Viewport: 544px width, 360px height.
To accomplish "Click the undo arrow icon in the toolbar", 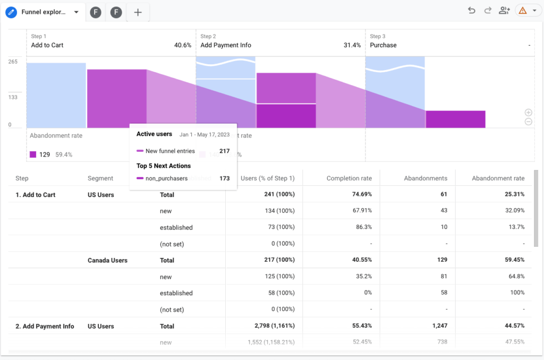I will pyautogui.click(x=471, y=11).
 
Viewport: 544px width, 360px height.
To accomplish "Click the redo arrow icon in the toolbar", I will pyautogui.click(x=488, y=11).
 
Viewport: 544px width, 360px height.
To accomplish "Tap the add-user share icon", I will pyautogui.click(x=504, y=11).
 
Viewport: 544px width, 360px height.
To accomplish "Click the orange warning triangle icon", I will pyautogui.click(x=522, y=11).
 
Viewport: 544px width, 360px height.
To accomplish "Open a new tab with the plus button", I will pyautogui.click(x=138, y=12).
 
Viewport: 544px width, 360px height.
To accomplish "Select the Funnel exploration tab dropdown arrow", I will pyautogui.click(x=76, y=12).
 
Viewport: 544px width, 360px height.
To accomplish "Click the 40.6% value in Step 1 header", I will pyautogui.click(x=182, y=45).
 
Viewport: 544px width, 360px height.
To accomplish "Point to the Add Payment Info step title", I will pyautogui.click(x=226, y=45).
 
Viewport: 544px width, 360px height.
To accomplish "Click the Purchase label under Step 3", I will pyautogui.click(x=383, y=45).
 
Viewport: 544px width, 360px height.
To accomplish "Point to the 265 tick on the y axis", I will pyautogui.click(x=13, y=62).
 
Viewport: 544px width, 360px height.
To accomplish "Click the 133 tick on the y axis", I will pyautogui.click(x=13, y=97).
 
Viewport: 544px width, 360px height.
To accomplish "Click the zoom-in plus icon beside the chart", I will pyautogui.click(x=528, y=113).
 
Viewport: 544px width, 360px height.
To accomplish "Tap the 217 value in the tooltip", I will pyautogui.click(x=224, y=151).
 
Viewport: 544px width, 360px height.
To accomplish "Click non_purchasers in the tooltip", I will pyautogui.click(x=166, y=178).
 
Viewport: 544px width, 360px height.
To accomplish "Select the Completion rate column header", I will pyautogui.click(x=349, y=178).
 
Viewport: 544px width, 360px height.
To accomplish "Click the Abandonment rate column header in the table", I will pyautogui.click(x=498, y=178).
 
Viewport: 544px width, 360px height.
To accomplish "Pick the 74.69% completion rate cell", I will pyautogui.click(x=360, y=195).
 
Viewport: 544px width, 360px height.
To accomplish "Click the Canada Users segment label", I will pyautogui.click(x=107, y=260).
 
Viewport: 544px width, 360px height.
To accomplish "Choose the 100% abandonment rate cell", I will pyautogui.click(x=517, y=293).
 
